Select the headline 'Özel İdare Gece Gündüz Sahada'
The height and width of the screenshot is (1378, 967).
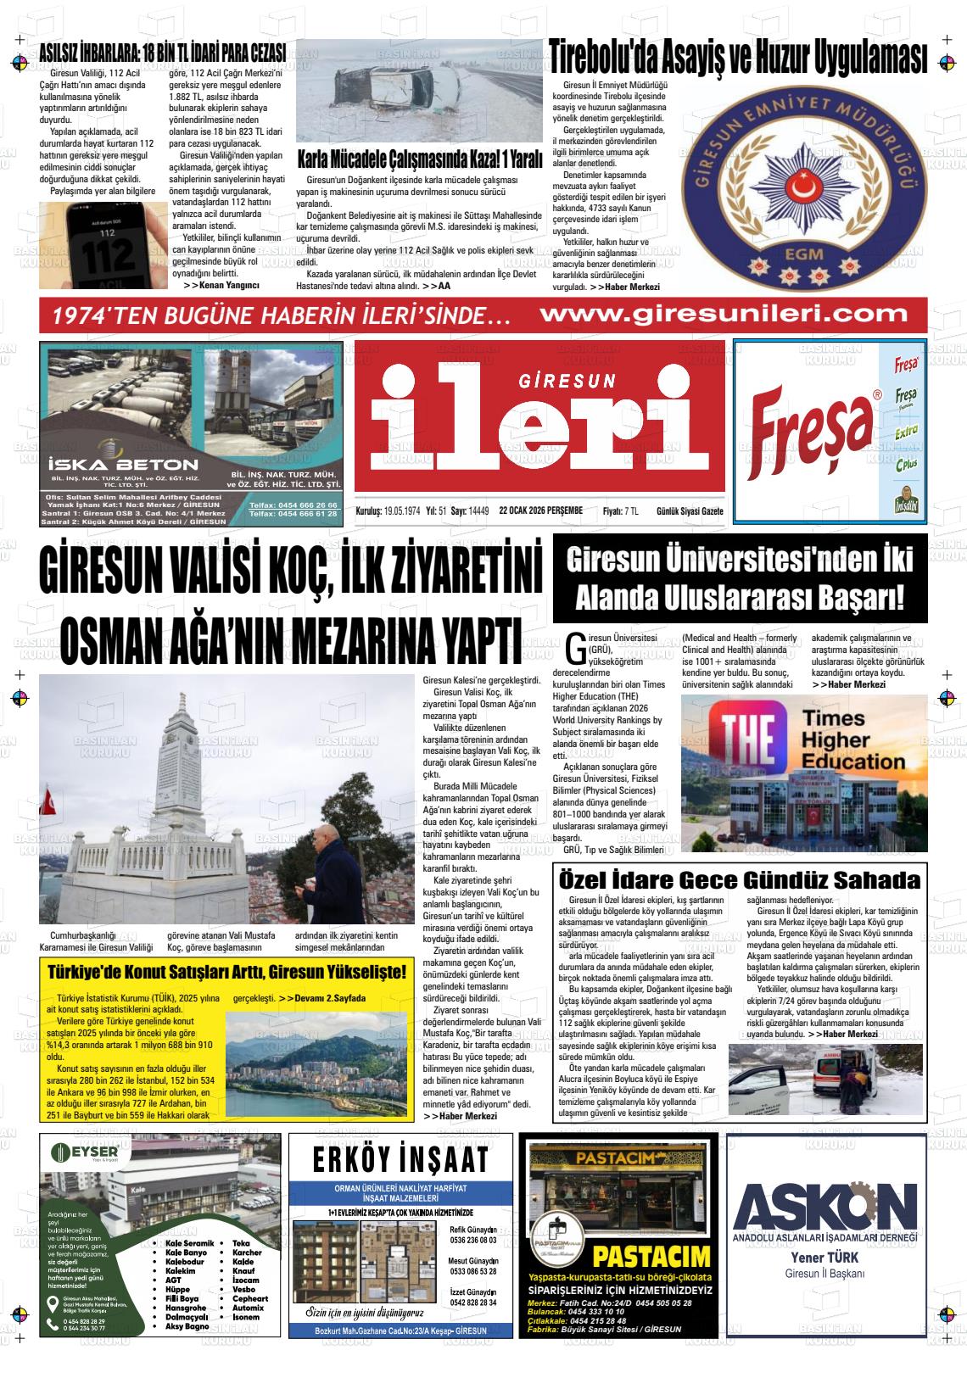pyautogui.click(x=737, y=878)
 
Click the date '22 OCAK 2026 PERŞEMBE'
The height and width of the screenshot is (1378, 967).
pyautogui.click(x=540, y=510)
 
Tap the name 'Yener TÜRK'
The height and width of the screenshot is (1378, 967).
pyautogui.click(x=824, y=1258)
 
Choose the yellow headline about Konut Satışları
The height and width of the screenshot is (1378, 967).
pyautogui.click(x=226, y=972)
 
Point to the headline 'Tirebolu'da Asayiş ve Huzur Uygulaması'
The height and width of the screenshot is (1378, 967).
pyautogui.click(x=738, y=59)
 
